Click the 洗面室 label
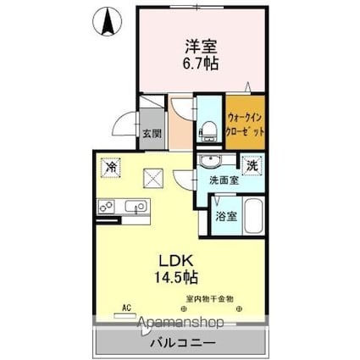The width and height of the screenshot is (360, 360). coord(223,180)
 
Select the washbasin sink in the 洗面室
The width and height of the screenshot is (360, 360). coord(212,163)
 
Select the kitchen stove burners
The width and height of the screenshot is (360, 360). coord(107,204)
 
